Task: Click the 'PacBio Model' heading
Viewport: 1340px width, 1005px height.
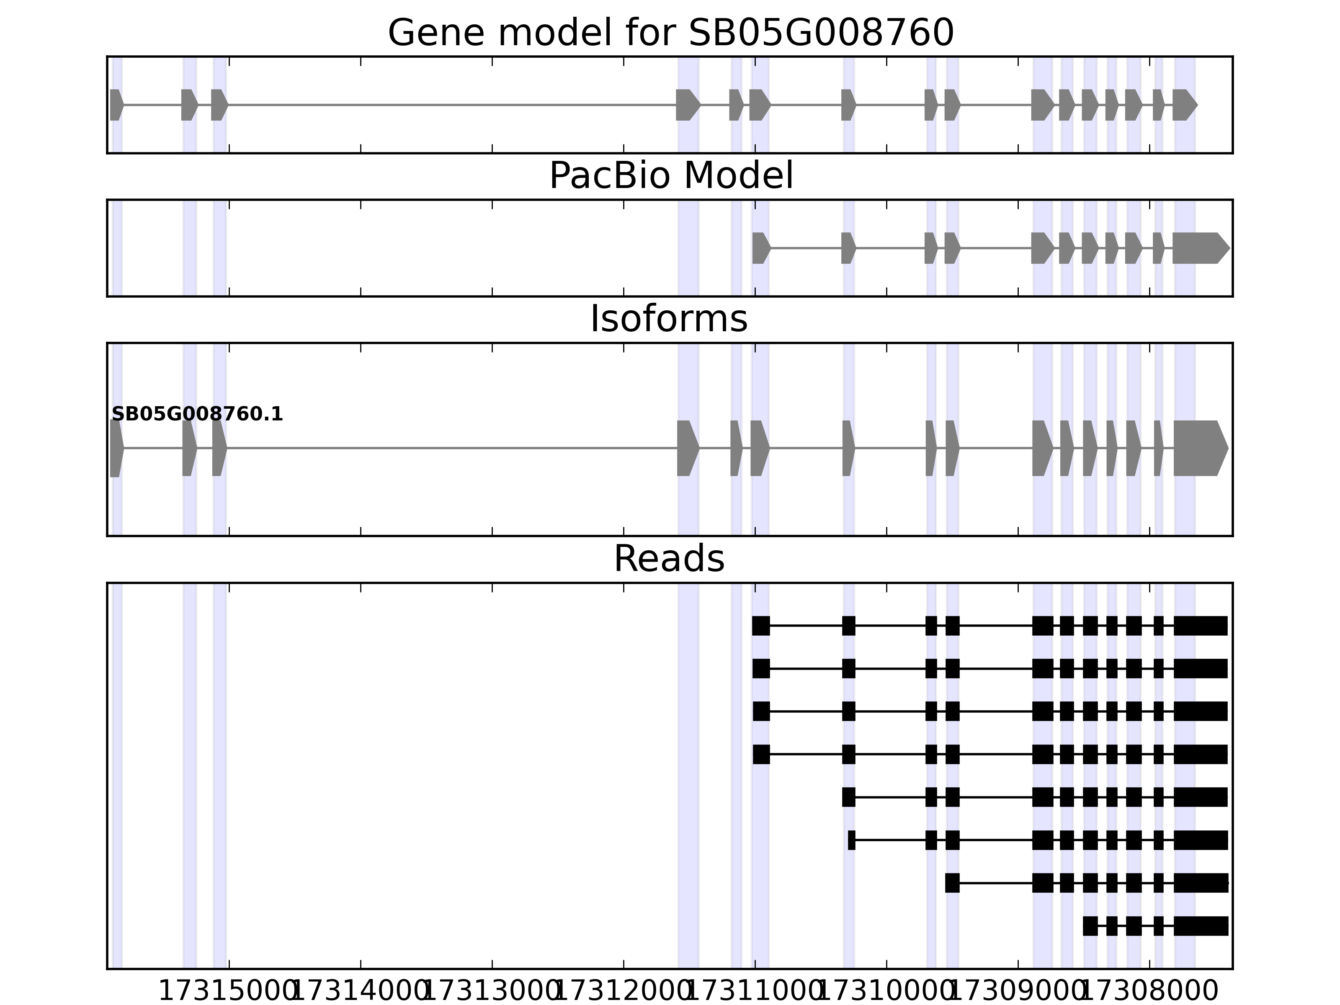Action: pyautogui.click(x=670, y=176)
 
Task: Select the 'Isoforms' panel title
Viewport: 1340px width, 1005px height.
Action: pyautogui.click(x=669, y=319)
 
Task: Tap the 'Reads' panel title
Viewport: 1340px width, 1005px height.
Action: pyautogui.click(x=669, y=559)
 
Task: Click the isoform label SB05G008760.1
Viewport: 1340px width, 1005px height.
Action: pyautogui.click(x=197, y=415)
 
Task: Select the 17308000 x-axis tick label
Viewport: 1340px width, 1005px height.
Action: pyautogui.click(x=1149, y=992)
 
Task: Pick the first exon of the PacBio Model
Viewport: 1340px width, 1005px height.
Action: pyautogui.click(x=761, y=248)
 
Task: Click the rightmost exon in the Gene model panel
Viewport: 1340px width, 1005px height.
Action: pyautogui.click(x=1184, y=105)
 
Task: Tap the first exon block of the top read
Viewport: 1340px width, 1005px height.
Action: pyautogui.click(x=761, y=626)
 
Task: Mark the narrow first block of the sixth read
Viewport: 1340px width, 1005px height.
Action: pyautogui.click(x=851, y=840)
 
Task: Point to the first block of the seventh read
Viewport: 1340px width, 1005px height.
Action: pyautogui.click(x=952, y=883)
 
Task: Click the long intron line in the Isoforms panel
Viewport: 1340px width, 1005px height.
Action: pyautogui.click(x=451, y=448)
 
